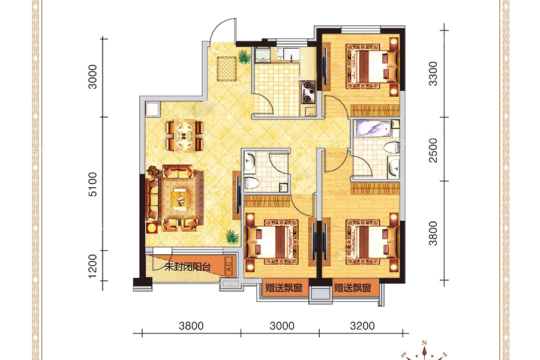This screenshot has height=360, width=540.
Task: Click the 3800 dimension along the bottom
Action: tap(191, 326)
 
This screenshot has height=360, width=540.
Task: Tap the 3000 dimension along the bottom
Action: tap(282, 326)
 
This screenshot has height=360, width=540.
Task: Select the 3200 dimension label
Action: tap(362, 326)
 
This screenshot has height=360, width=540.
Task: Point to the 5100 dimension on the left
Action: tap(93, 184)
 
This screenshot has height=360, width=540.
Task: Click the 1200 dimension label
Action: tap(93, 266)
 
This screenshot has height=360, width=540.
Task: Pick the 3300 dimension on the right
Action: tap(433, 74)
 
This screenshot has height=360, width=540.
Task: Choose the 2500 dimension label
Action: tap(433, 150)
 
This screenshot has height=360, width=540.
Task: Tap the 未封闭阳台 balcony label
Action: tap(187, 266)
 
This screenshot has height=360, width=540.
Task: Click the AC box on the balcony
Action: tap(229, 266)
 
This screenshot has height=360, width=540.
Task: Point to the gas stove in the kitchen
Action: tap(308, 92)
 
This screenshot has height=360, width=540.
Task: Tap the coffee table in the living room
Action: tap(181, 199)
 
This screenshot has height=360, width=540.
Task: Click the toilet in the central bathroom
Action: tap(251, 183)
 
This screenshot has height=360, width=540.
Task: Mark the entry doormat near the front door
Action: tap(226, 68)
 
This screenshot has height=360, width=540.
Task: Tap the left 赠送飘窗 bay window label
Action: tap(284, 287)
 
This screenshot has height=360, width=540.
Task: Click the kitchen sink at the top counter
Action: tap(288, 54)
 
